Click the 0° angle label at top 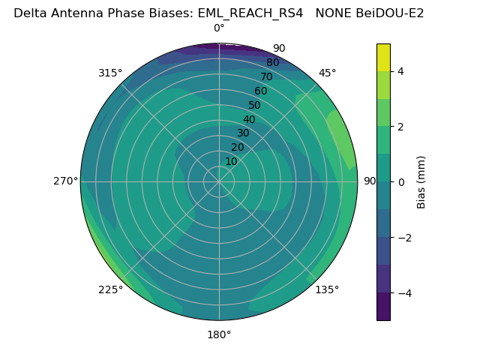[219, 28]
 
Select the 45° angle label [327, 73]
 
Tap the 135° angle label [327, 289]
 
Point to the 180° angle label [219, 334]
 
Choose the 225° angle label [110, 289]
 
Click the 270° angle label [65, 181]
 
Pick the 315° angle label [110, 73]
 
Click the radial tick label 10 [231, 161]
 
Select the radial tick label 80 [273, 63]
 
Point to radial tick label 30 [243, 133]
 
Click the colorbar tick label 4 [400, 71]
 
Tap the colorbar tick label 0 [400, 182]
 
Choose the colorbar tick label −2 [403, 238]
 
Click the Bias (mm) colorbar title [421, 182]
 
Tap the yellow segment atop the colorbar [383, 57]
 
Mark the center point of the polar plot [219, 181]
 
